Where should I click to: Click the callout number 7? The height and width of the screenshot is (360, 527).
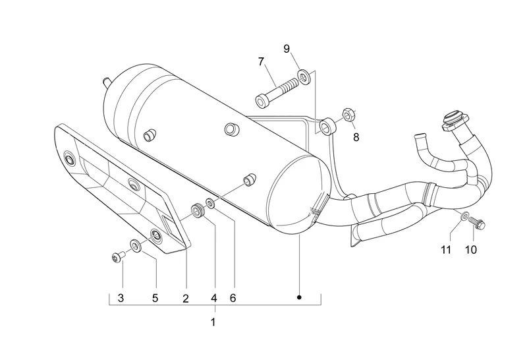pyautogui.click(x=261, y=61)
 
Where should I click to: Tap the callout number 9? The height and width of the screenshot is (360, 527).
pyautogui.click(x=287, y=49)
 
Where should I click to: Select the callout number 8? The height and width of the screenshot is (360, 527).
pyautogui.click(x=356, y=137)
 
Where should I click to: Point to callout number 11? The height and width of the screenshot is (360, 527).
pyautogui.click(x=446, y=250)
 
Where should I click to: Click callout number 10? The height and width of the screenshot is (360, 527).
pyautogui.click(x=471, y=250)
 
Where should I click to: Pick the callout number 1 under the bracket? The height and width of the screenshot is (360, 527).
pyautogui.click(x=213, y=322)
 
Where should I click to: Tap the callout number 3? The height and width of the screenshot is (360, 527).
pyautogui.click(x=121, y=298)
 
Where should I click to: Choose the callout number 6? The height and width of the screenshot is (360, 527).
pyautogui.click(x=233, y=298)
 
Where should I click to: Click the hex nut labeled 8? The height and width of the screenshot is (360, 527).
pyautogui.click(x=347, y=115)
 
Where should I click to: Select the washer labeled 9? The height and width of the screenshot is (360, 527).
pyautogui.click(x=304, y=77)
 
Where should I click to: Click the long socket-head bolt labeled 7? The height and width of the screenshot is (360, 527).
pyautogui.click(x=277, y=92)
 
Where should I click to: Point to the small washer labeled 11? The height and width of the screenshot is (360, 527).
pyautogui.click(x=464, y=216)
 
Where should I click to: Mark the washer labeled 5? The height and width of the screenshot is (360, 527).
pyautogui.click(x=136, y=246)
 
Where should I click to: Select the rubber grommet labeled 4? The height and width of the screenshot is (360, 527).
pyautogui.click(x=198, y=210)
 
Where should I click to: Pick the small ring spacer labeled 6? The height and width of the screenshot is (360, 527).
pyautogui.click(x=211, y=203)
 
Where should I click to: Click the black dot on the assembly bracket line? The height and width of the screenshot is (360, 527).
pyautogui.click(x=299, y=297)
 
